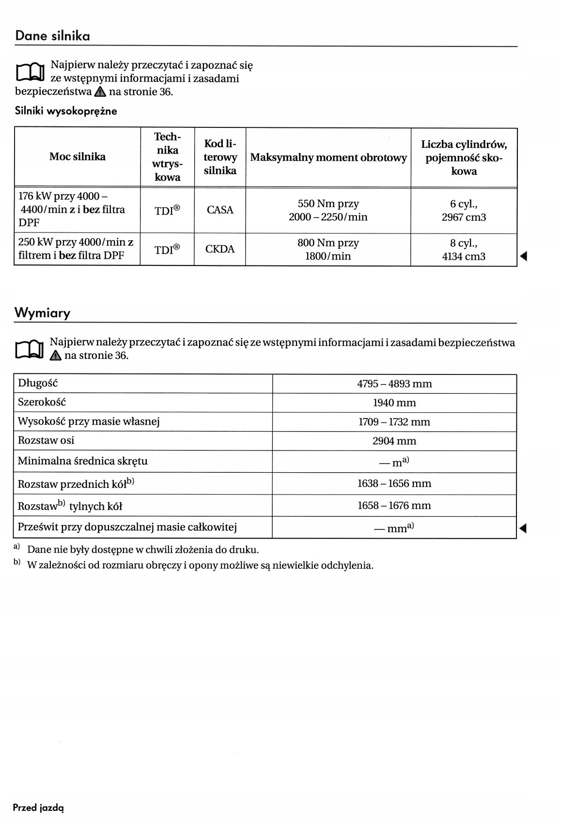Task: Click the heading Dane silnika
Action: [52, 36]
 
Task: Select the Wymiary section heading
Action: [42, 313]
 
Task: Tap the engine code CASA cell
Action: [220, 210]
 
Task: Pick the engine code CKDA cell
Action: [220, 249]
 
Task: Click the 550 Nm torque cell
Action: [328, 210]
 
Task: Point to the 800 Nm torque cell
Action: [328, 249]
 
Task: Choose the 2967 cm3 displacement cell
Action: [464, 211]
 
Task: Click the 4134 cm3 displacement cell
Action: [464, 250]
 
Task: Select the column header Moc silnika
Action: [78, 156]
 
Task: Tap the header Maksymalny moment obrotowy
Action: [328, 157]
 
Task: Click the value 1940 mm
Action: [394, 403]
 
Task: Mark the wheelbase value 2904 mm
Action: [394, 441]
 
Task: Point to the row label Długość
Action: [38, 383]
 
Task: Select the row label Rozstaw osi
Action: [46, 440]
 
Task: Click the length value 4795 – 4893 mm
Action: [394, 384]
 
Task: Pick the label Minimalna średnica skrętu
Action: [82, 461]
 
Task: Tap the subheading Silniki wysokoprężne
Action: [66, 111]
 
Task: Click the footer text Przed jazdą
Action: [38, 807]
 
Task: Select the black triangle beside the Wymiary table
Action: [523, 528]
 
